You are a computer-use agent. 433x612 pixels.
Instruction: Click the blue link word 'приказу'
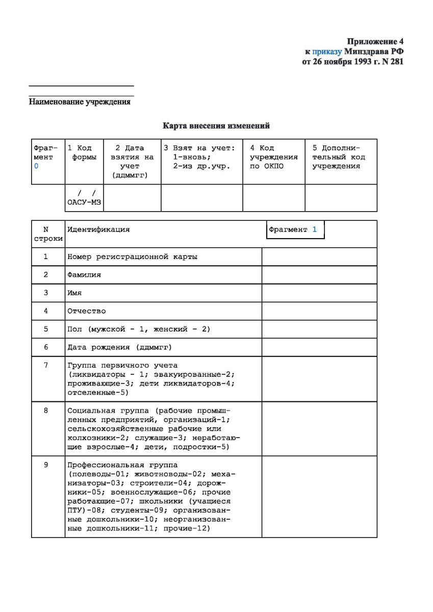pyautogui.click(x=327, y=52)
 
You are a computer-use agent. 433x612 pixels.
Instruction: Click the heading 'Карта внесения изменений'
pyautogui.click(x=216, y=125)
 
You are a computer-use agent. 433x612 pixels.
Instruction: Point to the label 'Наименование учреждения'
pyautogui.click(x=80, y=102)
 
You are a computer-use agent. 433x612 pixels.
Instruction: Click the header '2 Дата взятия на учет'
pyautogui.click(x=132, y=161)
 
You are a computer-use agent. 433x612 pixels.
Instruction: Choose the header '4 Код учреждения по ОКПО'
pyautogui.click(x=273, y=157)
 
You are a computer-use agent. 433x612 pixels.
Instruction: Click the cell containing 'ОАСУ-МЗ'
pyautogui.click(x=84, y=198)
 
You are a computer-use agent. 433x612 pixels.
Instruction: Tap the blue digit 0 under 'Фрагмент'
pyautogui.click(x=36, y=166)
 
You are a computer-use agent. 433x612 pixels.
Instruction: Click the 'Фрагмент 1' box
pyautogui.click(x=295, y=229)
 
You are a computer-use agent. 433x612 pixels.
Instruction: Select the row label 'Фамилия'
pyautogui.click(x=84, y=275)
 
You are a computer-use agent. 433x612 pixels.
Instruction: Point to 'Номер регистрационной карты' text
pyautogui.click(x=132, y=257)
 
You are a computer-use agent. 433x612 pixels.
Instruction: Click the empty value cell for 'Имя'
pyautogui.click(x=319, y=293)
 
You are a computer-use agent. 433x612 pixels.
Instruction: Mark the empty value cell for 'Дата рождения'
pyautogui.click(x=319, y=347)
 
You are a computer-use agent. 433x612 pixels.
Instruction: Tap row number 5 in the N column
pyautogui.click(x=45, y=329)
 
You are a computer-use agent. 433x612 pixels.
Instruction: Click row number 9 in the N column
pyautogui.click(x=45, y=465)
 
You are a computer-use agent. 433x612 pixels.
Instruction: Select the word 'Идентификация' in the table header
pyautogui.click(x=98, y=229)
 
